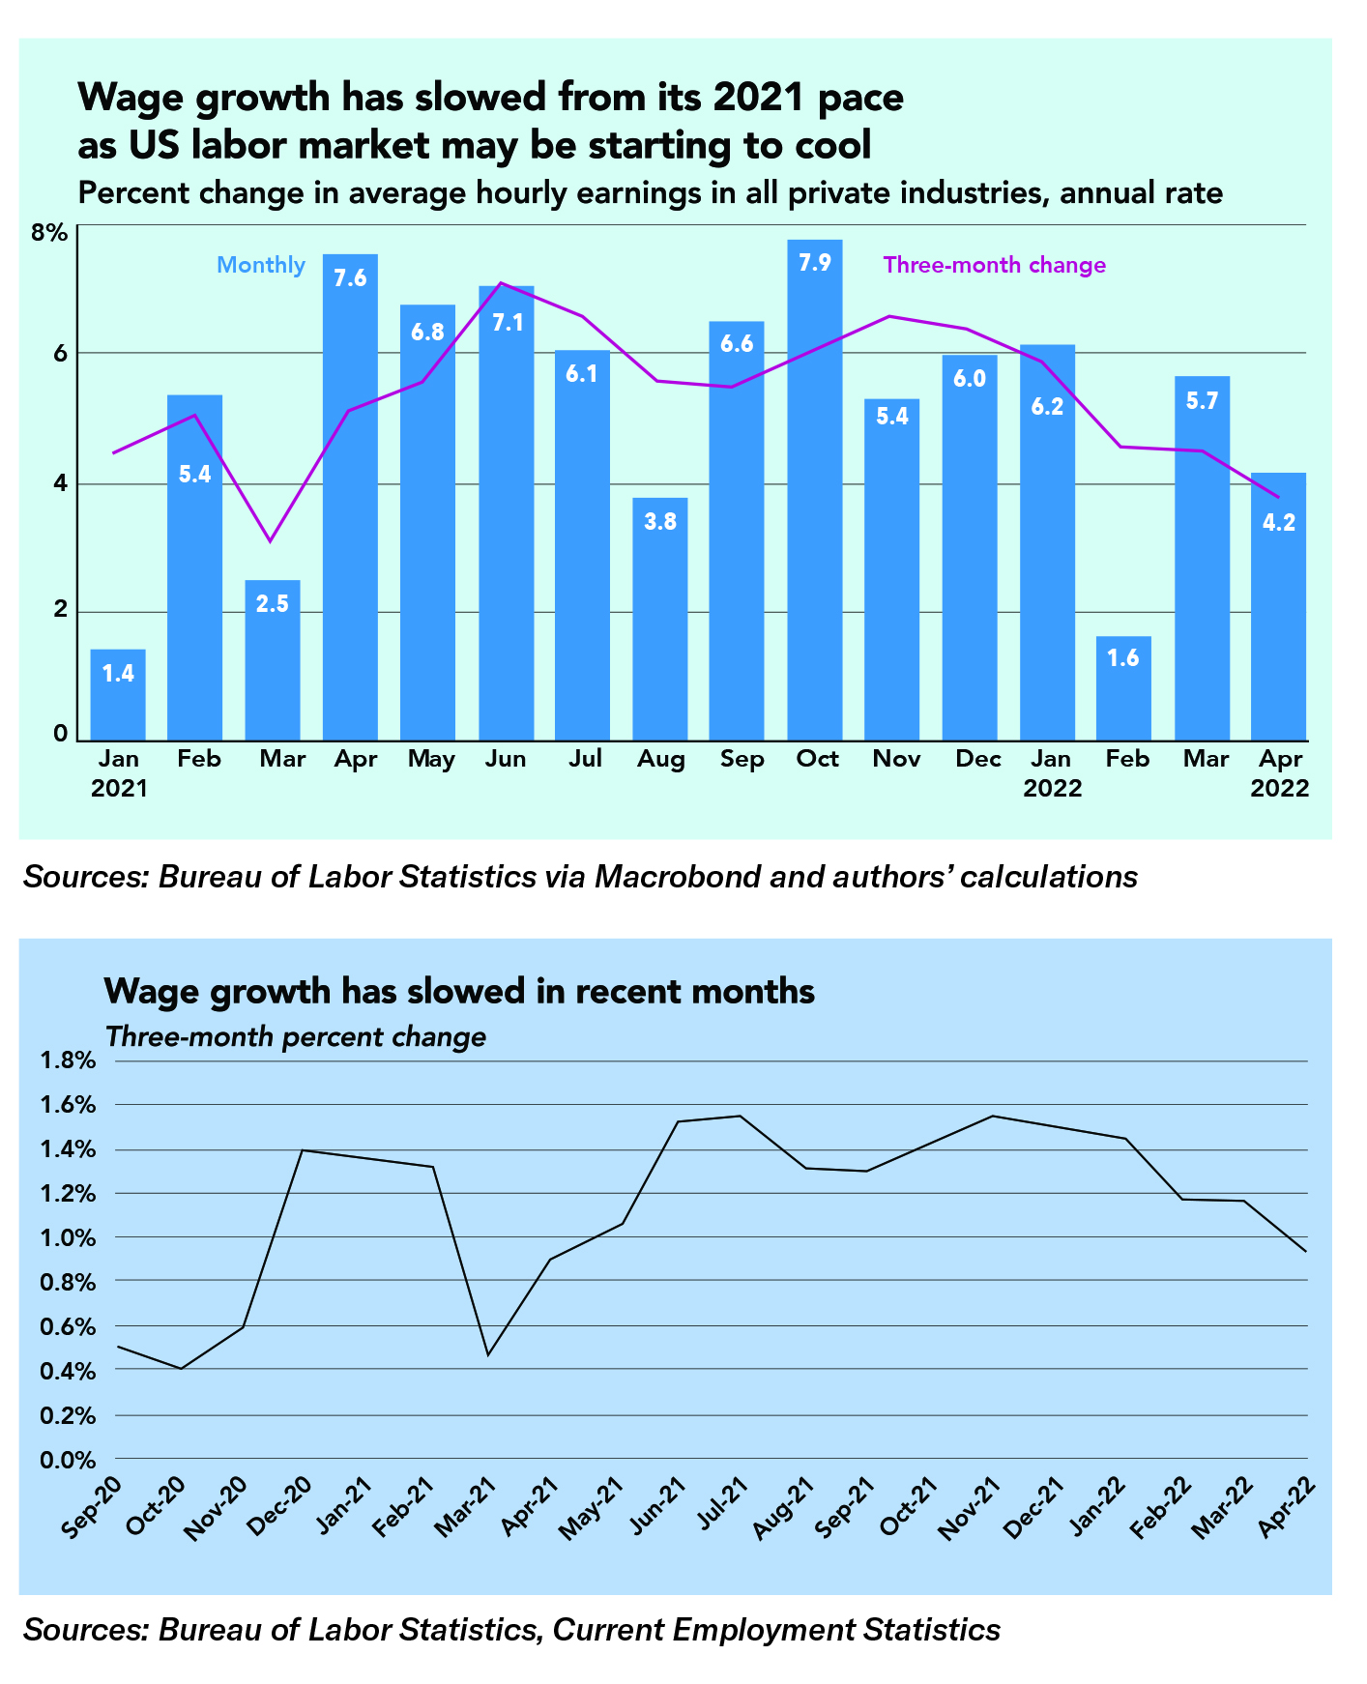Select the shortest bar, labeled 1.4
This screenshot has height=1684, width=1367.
coord(118,694)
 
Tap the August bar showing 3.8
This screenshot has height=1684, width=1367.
coord(659,619)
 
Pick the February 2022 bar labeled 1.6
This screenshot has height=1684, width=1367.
coord(1123,688)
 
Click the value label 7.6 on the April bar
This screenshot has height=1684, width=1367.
coord(350,278)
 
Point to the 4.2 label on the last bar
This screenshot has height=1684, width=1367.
coord(1279,523)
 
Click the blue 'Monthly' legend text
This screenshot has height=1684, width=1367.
coord(261,265)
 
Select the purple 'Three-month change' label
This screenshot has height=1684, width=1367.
coord(994,265)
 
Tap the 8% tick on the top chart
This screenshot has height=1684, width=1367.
coord(49,233)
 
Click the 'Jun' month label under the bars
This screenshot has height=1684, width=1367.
coord(506,760)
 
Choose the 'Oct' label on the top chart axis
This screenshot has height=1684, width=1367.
coord(817,760)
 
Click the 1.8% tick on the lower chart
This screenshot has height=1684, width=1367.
coord(68,1061)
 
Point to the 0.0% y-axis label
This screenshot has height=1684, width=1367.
coord(68,1460)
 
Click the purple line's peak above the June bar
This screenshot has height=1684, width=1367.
coord(500,283)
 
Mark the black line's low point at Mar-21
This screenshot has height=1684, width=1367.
coord(488,1355)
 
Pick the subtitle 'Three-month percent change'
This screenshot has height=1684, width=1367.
coord(295,1037)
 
